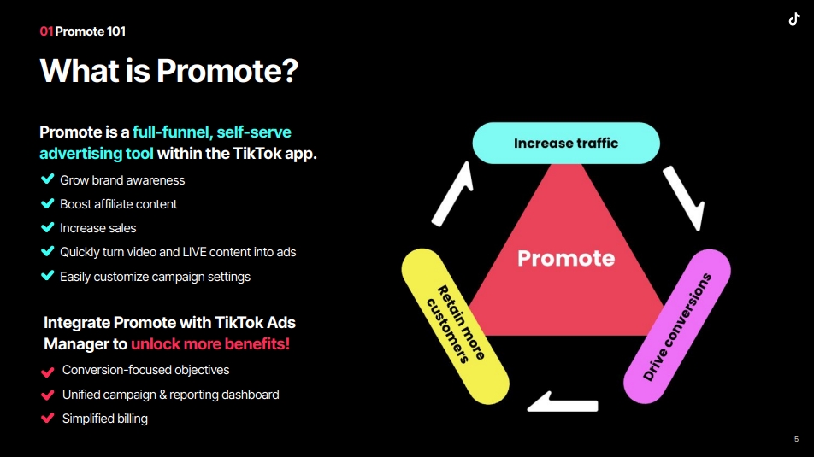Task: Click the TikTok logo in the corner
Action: point(794,19)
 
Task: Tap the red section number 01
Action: point(46,32)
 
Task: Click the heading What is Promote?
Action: point(168,71)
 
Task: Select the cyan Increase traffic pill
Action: point(566,144)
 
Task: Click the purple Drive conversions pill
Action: point(677,326)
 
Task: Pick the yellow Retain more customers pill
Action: point(455,326)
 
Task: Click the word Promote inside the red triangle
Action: point(566,258)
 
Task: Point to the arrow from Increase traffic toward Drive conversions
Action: point(684,198)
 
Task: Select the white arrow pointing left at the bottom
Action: point(563,402)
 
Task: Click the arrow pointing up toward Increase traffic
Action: point(452,194)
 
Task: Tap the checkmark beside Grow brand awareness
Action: point(47,179)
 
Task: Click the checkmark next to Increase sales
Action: point(47,227)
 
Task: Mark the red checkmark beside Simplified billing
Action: point(47,418)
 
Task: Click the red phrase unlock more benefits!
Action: point(210,344)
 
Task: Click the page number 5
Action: point(796,439)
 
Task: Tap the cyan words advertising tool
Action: point(97,154)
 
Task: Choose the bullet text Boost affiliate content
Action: point(118,204)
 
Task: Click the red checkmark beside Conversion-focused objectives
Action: point(47,372)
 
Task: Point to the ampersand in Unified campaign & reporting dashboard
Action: point(163,395)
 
